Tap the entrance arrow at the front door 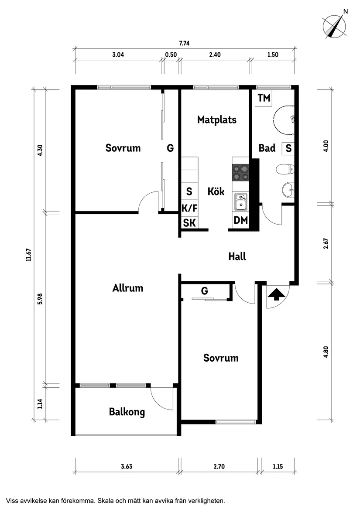(275, 295)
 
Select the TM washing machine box (264, 98)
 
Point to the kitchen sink (240, 202)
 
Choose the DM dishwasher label (240, 221)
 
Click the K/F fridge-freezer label (189, 208)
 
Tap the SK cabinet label (189, 223)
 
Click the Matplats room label (216, 120)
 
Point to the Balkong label (127, 412)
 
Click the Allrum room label (127, 288)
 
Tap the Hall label (237, 256)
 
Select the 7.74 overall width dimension (185, 43)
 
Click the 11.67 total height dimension (29, 254)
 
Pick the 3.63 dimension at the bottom (127, 467)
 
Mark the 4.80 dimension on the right (326, 352)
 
